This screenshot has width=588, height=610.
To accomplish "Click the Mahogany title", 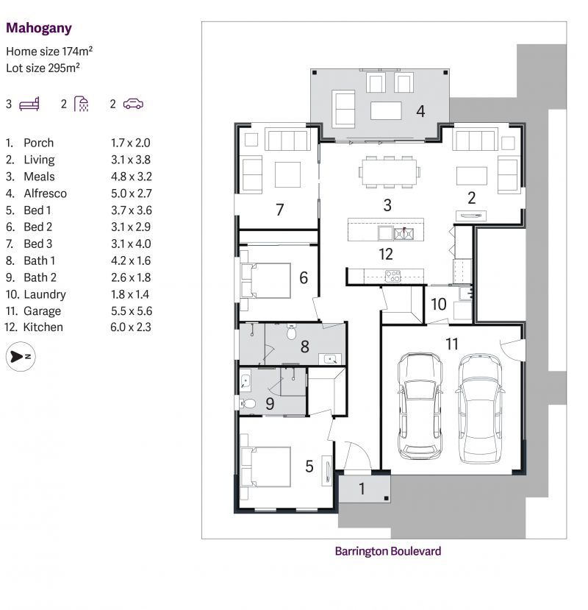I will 38,28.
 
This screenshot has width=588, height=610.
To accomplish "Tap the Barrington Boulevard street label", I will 387,550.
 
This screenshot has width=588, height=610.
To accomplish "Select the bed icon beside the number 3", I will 29,104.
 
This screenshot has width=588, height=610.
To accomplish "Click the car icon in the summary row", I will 133,104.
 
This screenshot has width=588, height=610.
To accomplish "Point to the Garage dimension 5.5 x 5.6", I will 130,311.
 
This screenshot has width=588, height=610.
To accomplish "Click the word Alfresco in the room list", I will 45,194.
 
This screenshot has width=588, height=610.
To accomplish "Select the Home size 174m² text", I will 49,52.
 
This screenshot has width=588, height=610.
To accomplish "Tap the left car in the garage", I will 420,405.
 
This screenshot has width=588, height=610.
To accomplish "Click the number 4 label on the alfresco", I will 420,112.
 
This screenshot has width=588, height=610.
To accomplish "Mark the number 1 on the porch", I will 362,489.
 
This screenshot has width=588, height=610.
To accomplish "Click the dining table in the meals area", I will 390,172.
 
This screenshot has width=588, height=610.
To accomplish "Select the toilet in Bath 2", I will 249,403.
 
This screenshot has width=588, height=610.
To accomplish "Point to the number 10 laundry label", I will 439,304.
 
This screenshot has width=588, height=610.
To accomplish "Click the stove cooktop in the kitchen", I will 393,277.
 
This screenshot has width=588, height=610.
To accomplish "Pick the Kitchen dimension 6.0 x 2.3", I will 130,327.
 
